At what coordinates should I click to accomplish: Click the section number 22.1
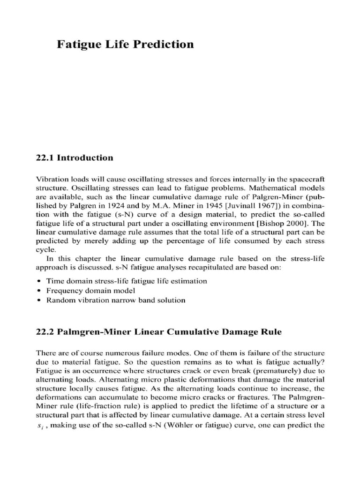[45, 157]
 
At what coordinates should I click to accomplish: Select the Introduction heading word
[85, 157]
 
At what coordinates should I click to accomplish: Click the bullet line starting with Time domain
[126, 281]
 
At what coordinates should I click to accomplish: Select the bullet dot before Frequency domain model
[38, 291]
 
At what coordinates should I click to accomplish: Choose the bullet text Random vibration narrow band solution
[115, 300]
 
